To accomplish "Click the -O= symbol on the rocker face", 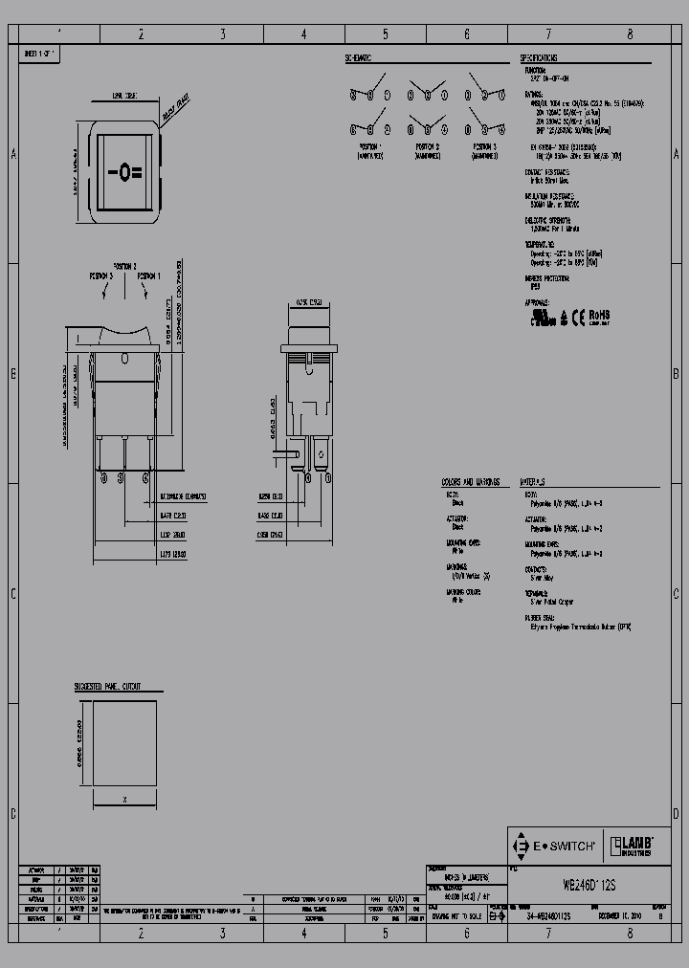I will [124, 173].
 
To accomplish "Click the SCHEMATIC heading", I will [358, 58].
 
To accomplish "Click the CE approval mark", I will [578, 316].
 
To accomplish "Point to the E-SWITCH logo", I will [554, 846].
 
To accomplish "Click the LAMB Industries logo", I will [631, 846].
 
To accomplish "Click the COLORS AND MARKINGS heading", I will [470, 482].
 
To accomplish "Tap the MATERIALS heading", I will [533, 482].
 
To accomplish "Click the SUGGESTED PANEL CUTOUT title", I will [108, 687].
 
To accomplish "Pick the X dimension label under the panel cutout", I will [125, 797].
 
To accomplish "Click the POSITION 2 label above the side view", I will [125, 265].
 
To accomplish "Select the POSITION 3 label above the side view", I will [101, 275].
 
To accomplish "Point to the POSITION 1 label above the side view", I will [149, 275].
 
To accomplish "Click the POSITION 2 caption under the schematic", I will [427, 145].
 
